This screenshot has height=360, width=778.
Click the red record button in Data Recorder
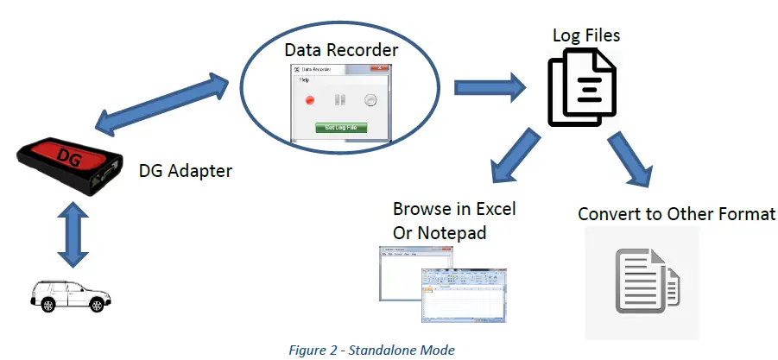(308, 99)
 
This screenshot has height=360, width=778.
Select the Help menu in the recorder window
(304, 79)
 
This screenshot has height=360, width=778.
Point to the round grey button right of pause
(370, 99)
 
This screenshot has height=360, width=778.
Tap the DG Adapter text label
(185, 171)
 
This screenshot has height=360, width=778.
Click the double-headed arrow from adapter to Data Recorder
(164, 104)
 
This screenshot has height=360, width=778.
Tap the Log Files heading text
(586, 35)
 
